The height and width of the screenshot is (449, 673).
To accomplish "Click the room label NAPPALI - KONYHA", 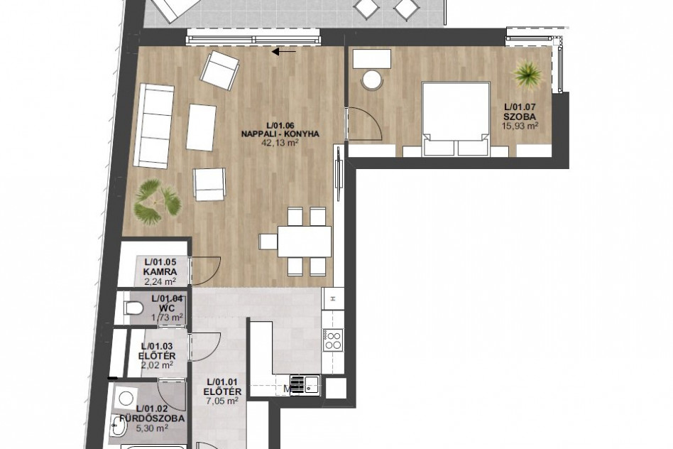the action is (280, 134).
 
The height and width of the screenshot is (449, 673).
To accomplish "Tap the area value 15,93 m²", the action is (520, 126).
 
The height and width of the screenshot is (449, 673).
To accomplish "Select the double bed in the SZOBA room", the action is (456, 119).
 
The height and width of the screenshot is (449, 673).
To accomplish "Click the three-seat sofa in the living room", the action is (153, 126).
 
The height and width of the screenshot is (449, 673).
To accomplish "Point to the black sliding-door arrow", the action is (284, 52).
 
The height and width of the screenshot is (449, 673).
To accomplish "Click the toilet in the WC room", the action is (133, 308).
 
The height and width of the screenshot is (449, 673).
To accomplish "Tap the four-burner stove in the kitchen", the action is (333, 340).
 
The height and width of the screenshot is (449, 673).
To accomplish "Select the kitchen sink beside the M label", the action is (305, 384).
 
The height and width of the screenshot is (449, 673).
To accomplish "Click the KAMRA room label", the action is (160, 271).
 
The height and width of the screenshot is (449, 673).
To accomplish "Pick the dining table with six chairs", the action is (295, 241).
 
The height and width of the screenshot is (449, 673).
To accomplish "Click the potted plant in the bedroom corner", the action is (528, 75).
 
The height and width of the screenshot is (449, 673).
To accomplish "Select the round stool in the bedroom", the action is (372, 80).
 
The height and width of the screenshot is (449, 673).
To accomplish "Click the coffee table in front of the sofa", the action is (201, 127).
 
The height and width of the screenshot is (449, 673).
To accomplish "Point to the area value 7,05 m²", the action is (222, 401).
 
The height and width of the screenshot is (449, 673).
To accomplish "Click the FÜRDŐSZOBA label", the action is (153, 418).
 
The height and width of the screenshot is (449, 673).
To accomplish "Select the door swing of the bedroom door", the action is (364, 123).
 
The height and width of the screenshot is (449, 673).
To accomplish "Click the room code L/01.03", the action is (157, 346).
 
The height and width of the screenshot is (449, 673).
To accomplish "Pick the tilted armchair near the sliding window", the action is (220, 70).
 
